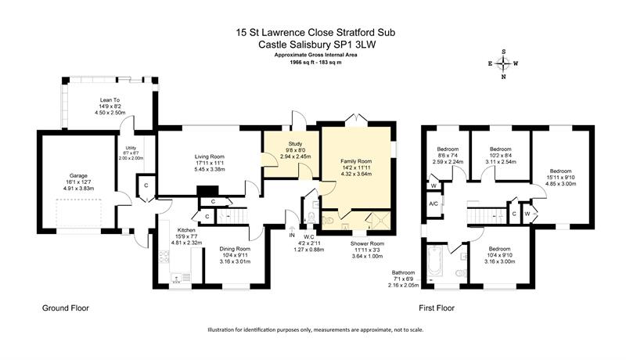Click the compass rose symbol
503,63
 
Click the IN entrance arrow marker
292,232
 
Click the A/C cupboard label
434,204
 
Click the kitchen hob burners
164,256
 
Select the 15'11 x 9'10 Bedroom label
560,178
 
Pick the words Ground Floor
66,308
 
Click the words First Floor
437,308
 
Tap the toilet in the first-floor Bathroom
461,273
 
